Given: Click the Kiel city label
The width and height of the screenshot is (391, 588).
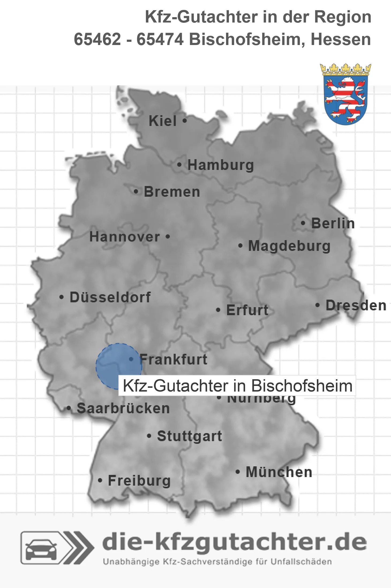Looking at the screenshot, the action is point(163,121).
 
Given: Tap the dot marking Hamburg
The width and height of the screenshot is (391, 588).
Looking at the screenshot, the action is point(179,165).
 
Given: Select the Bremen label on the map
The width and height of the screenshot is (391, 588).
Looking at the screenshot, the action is point(172,192).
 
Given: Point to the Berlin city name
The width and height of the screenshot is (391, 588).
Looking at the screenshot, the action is point(333,223).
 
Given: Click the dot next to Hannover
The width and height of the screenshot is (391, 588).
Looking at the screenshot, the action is point(168,237).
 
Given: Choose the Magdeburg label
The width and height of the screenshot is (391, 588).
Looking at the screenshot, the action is point(289,246).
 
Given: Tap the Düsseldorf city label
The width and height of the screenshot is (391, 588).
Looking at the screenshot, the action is point(110,297).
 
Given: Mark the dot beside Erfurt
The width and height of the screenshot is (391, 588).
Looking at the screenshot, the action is point(218,310).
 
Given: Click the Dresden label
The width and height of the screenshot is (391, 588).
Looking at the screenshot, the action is point(356,305).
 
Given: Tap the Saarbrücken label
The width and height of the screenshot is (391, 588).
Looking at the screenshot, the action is point(123,408).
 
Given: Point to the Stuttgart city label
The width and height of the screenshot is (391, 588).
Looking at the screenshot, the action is point(190,436).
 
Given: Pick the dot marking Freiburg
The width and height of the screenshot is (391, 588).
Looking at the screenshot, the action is point(100,481).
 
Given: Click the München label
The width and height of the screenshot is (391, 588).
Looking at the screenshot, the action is point(279,472).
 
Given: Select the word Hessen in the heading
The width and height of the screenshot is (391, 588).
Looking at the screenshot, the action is point(341,39).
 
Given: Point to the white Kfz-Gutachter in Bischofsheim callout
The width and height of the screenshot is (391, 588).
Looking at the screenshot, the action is point(237,386).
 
